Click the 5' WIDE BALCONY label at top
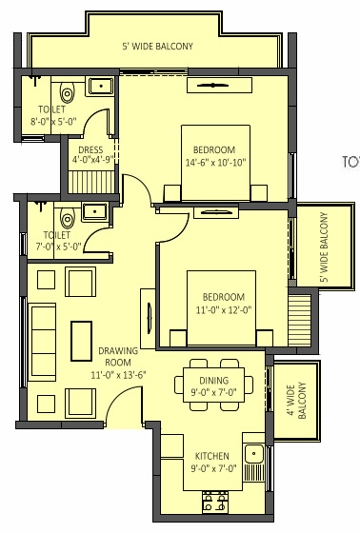click(157, 46)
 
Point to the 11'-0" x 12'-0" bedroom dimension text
click(222, 309)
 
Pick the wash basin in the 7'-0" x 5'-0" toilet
click(94, 211)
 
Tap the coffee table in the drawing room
click(80, 340)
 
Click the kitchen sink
click(253, 454)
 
